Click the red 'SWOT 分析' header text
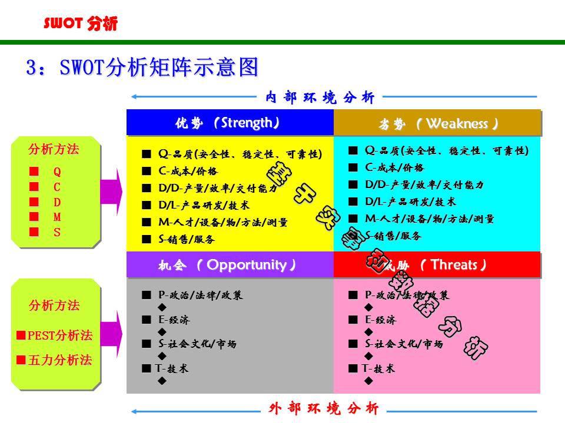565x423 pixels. pos(81,23)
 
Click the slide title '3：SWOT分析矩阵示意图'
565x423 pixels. pos(142,68)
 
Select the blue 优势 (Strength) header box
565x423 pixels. pos(230,123)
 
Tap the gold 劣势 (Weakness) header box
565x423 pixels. pos(437,124)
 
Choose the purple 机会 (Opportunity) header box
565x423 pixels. pos(230,265)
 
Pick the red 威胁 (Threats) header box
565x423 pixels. pos(437,265)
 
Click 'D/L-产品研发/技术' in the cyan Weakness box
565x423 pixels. pos(410,202)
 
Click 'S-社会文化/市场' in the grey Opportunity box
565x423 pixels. pos(197,344)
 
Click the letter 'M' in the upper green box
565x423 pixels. pos(57,217)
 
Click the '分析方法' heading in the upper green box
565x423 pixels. pos(54,149)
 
